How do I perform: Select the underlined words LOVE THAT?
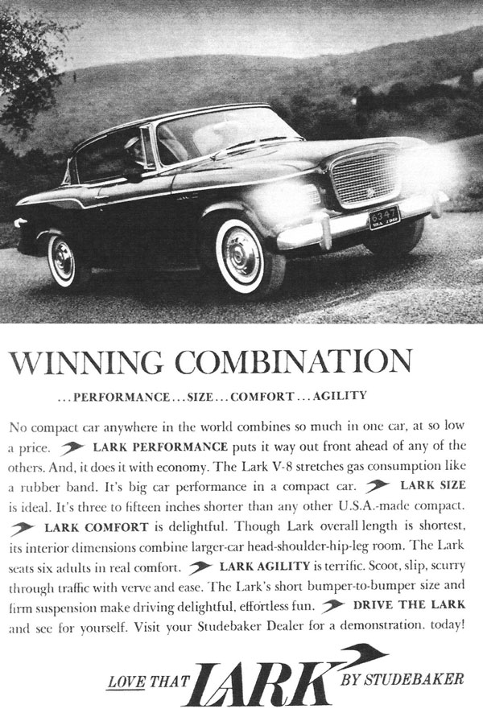[x=150, y=661]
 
